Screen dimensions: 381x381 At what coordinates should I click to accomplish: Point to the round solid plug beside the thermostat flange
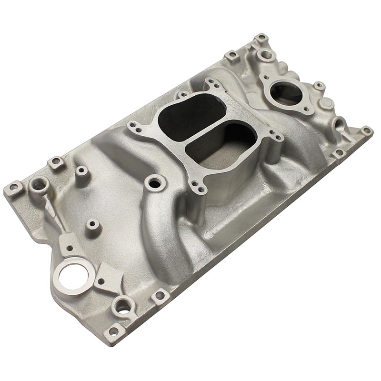click(327, 103)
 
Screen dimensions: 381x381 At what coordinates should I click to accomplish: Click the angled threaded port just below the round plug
click(340, 125)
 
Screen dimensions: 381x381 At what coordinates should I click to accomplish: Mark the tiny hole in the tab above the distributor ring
click(70, 247)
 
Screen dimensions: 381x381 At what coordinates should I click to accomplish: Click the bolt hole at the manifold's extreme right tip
click(366, 130)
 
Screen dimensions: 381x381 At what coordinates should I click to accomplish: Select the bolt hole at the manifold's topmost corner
click(261, 38)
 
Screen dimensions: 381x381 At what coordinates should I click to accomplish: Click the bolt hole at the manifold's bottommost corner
click(113, 330)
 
